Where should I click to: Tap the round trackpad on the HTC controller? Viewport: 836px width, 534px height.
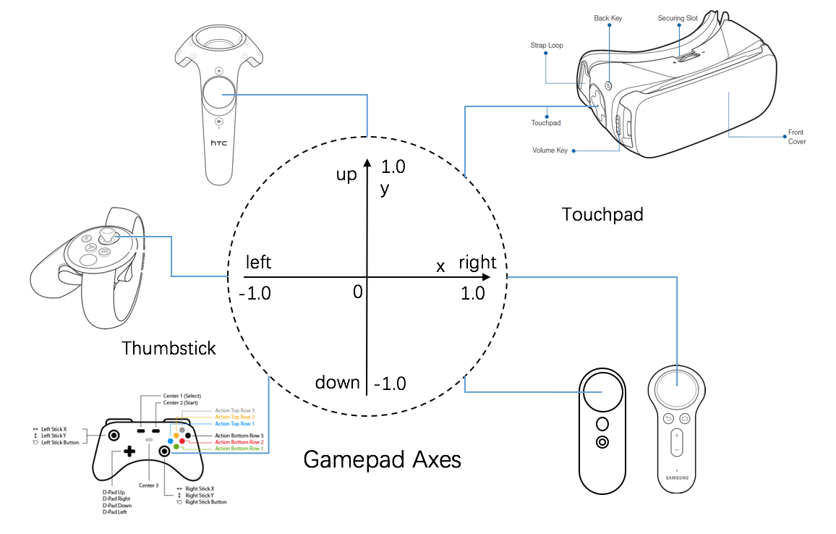[x=218, y=95]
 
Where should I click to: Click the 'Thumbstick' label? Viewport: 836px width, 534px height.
[x=169, y=348]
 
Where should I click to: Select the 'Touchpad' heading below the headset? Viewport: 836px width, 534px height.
[x=602, y=214]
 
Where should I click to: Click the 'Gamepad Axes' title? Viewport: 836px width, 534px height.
[x=382, y=459]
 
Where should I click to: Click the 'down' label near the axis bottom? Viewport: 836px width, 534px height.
[x=337, y=382]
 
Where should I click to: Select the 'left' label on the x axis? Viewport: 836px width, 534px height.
[x=258, y=261]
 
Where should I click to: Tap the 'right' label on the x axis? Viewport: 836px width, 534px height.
[x=477, y=263]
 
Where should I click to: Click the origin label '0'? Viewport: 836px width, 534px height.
[x=357, y=293]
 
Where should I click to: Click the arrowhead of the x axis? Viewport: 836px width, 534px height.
[x=486, y=277]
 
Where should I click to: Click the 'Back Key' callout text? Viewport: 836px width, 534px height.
[x=607, y=18]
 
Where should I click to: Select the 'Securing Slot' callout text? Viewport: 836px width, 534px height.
[x=678, y=18]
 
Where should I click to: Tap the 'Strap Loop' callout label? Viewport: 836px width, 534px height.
[x=547, y=45]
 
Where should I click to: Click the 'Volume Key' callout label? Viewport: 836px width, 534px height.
[x=550, y=151]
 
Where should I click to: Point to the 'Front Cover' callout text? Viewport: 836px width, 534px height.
[x=796, y=137]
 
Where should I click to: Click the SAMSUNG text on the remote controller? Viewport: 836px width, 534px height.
[x=677, y=478]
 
